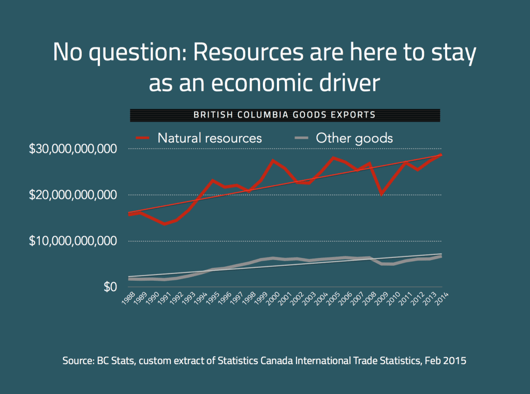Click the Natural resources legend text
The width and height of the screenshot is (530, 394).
(210, 138)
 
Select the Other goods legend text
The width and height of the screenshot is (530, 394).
(354, 138)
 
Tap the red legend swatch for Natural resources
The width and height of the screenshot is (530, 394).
(142, 138)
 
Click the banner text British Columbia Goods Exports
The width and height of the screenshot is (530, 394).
(285, 114)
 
